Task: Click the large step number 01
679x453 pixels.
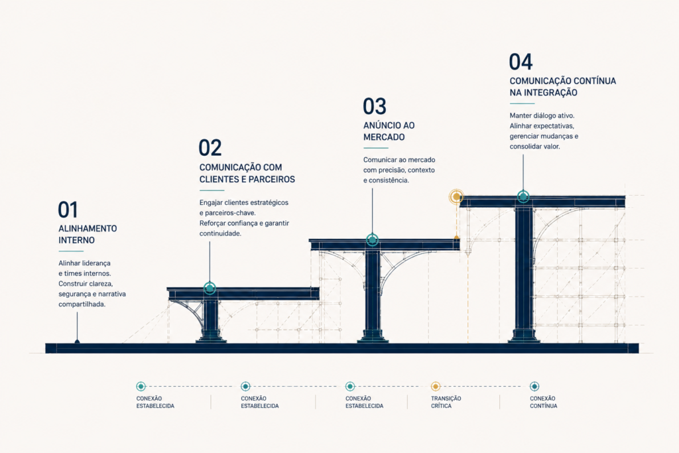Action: pyautogui.click(x=68, y=210)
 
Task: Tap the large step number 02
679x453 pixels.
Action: pyautogui.click(x=210, y=148)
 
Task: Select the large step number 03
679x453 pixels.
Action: pyautogui.click(x=375, y=106)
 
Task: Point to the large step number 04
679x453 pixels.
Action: pyautogui.click(x=521, y=62)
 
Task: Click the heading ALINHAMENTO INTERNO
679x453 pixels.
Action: pyautogui.click(x=88, y=234)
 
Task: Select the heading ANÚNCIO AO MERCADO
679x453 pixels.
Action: pyautogui.click(x=389, y=131)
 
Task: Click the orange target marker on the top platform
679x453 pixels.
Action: pyautogui.click(x=456, y=196)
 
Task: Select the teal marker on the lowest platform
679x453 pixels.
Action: pyautogui.click(x=210, y=288)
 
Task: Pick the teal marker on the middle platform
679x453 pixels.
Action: pyautogui.click(x=372, y=239)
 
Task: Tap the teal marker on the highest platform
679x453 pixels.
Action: pyautogui.click(x=523, y=196)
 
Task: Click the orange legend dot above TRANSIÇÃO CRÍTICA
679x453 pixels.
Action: pyautogui.click(x=436, y=386)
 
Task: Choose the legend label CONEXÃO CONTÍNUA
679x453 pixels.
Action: pyautogui.click(x=544, y=403)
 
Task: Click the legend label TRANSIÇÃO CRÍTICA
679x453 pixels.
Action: pyautogui.click(x=446, y=403)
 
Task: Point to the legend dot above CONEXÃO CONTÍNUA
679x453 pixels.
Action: pyautogui.click(x=534, y=386)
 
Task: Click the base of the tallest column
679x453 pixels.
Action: pyautogui.click(x=524, y=336)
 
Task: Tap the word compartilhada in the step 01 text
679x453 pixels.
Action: pyautogui.click(x=82, y=304)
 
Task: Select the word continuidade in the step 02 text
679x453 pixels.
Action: pyautogui.click(x=220, y=233)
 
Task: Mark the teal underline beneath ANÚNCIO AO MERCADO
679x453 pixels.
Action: pyautogui.click(x=375, y=148)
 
